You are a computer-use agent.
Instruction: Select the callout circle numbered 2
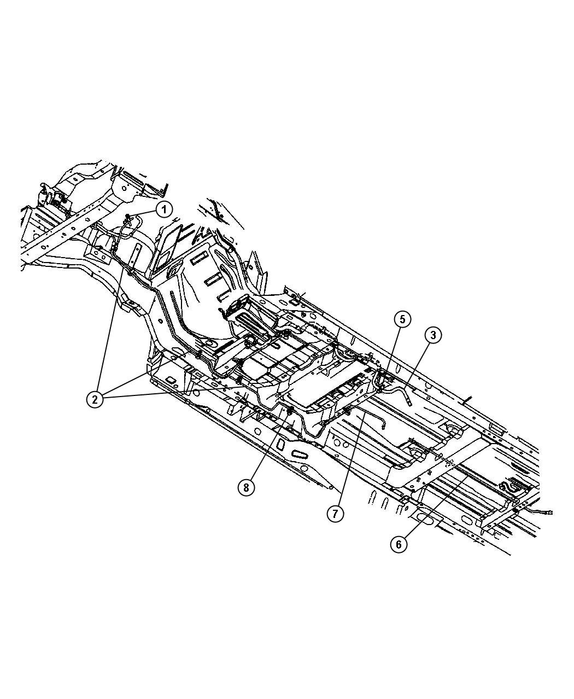(95, 400)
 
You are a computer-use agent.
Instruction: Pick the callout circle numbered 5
(402, 319)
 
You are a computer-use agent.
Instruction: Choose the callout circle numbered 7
(335, 514)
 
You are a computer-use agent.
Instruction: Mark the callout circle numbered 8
(246, 487)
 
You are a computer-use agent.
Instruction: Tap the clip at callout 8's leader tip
(290, 410)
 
